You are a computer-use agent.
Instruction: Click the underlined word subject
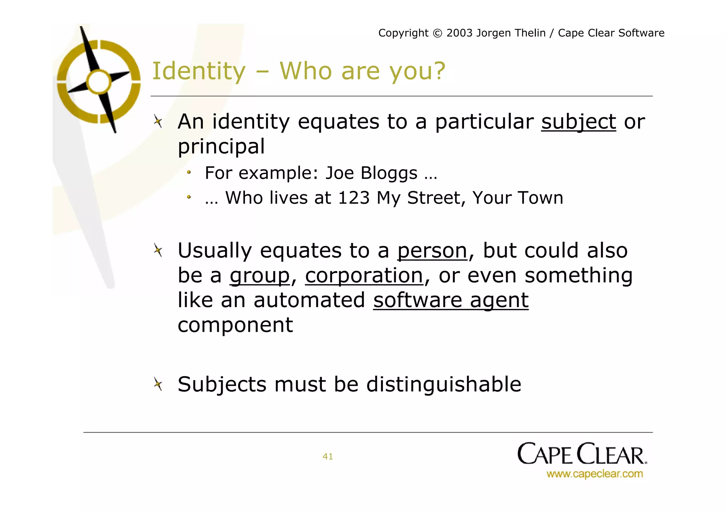578,122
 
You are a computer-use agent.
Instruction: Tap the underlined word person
432,251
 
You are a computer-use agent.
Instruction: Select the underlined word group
260,275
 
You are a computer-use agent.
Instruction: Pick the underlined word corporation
364,275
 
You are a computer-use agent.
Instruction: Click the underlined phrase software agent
451,300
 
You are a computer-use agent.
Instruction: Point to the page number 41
328,457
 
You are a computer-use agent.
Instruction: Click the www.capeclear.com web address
594,474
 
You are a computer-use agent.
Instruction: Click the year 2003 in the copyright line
459,33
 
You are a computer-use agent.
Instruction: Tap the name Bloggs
389,173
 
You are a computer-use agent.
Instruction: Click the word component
235,325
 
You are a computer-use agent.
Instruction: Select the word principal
221,147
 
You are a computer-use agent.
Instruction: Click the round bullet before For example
189,173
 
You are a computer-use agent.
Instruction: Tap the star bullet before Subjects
158,384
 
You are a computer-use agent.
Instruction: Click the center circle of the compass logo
99,82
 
